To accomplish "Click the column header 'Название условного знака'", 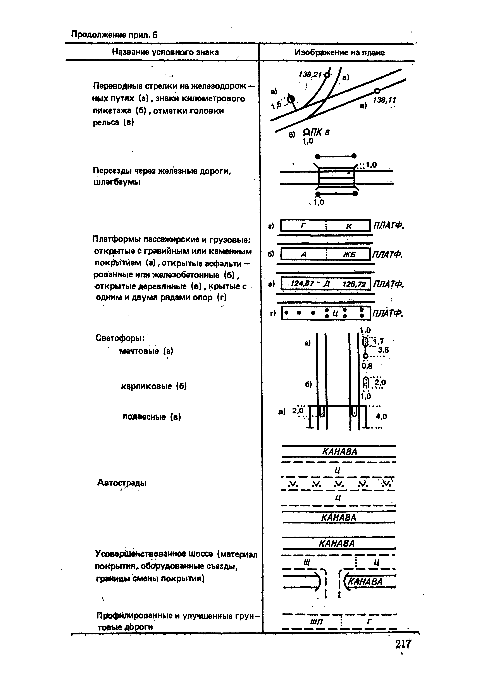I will coord(165,52).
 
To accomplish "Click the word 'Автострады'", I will coord(122,483).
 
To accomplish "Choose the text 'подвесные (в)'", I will coord(152,417).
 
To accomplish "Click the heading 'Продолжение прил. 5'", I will coord(114,35).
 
